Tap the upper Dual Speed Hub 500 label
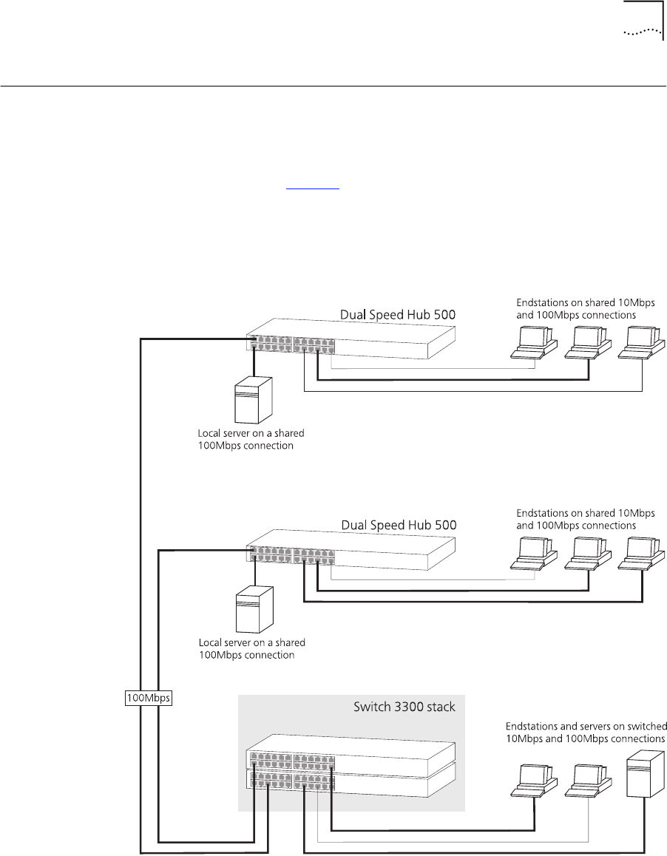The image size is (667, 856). click(x=397, y=315)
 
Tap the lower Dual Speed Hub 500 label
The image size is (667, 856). click(x=399, y=524)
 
